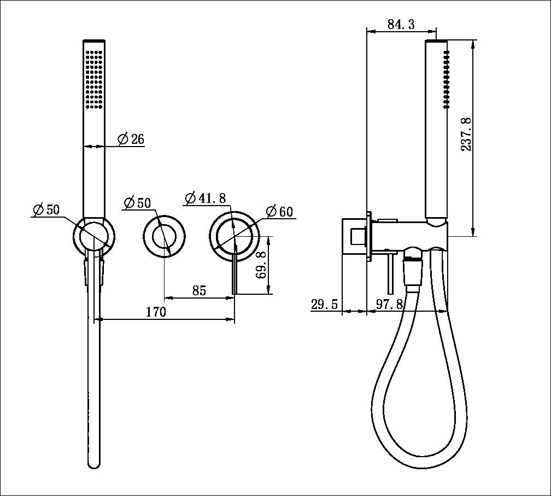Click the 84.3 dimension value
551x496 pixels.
[x=401, y=24]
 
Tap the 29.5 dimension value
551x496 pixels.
[x=325, y=305]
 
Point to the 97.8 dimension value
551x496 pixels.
[x=390, y=305]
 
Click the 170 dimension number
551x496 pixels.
[x=156, y=312]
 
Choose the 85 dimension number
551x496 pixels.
[x=199, y=291]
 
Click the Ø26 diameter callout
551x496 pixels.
[x=131, y=139]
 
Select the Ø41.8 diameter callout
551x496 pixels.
[x=206, y=198]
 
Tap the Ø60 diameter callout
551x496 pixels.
[x=280, y=212]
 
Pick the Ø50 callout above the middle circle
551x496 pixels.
[x=137, y=202]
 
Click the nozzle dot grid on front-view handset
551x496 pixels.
[x=93, y=79]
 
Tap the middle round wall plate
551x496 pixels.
[x=164, y=236]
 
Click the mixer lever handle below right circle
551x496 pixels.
[x=234, y=277]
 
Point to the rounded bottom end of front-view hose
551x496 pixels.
[x=94, y=463]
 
